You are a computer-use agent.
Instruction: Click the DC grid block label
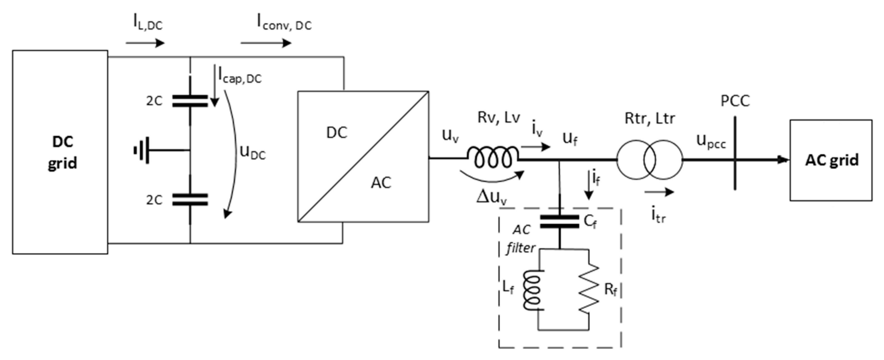62,152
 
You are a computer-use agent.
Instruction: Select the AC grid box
831,160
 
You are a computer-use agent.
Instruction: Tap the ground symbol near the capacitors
142,150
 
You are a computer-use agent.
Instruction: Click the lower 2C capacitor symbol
190,199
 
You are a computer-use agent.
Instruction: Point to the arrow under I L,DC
145,43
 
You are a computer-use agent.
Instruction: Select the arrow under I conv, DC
266,43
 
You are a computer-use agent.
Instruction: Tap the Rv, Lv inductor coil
493,158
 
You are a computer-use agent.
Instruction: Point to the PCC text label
735,101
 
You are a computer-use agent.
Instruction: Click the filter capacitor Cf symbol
559,222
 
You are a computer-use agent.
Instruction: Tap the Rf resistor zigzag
589,288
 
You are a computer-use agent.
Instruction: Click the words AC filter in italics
521,239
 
